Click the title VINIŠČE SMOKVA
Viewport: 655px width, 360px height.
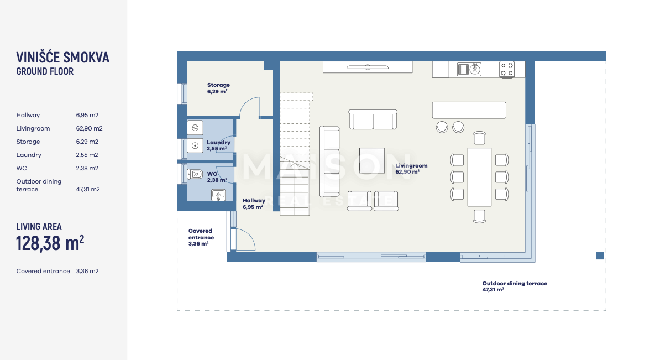tap(62, 58)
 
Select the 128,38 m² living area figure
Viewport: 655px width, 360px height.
tap(50, 243)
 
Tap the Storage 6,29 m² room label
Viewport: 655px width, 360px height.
tap(218, 88)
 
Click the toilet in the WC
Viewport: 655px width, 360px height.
tap(195, 174)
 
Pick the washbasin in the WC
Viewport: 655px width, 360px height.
tap(218, 195)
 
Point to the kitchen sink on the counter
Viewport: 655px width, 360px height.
tap(469, 69)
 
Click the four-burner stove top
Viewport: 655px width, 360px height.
tap(507, 70)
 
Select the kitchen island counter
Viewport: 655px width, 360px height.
tap(469, 110)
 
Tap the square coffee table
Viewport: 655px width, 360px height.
tap(372, 160)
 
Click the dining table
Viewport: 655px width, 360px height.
tap(479, 177)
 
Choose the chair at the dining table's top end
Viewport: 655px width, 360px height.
tap(480, 138)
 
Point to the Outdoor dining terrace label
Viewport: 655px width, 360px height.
tap(515, 286)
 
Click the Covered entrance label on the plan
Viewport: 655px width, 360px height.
tap(201, 237)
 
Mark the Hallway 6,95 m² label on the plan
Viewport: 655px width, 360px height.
tap(254, 204)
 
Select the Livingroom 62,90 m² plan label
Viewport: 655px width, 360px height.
tap(411, 169)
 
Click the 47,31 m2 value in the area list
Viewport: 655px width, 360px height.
tap(88, 189)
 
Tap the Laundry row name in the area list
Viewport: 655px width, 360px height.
tap(29, 155)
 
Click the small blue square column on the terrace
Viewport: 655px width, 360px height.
tap(599, 256)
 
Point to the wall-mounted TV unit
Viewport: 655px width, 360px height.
tap(368, 67)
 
